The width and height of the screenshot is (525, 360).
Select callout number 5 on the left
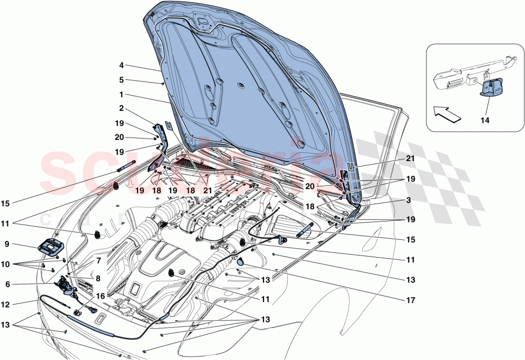tap(121, 80)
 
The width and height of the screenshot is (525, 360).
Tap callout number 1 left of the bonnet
tap(121, 96)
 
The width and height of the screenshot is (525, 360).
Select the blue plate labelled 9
tap(50, 247)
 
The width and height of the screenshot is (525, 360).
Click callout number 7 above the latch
tap(99, 260)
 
